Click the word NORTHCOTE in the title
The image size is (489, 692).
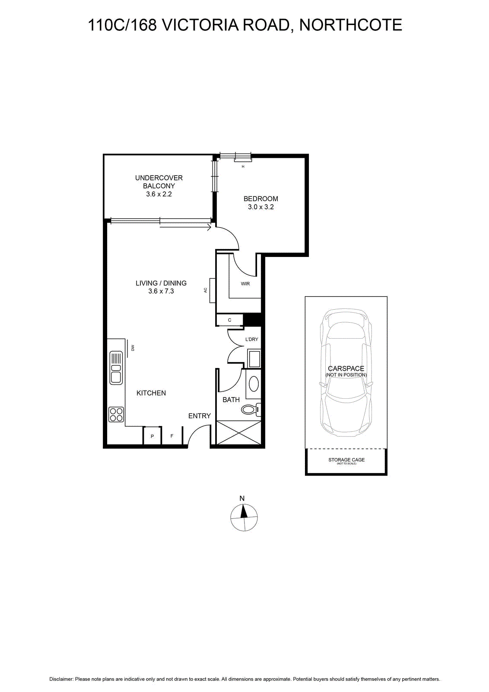351,25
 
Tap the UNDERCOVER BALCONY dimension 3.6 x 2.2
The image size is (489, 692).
159,194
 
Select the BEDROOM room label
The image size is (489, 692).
260,199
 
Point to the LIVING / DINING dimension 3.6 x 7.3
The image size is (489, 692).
161,291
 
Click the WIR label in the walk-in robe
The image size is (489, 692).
245,284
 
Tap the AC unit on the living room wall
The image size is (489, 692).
213,290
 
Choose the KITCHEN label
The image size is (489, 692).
151,393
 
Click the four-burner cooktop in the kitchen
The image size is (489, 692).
116,414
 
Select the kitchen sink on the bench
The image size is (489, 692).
116,368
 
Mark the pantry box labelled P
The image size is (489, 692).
152,436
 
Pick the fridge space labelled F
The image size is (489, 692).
172,436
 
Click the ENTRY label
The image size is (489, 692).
200,416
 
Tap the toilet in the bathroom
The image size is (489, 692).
251,410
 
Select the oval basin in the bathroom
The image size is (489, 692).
254,384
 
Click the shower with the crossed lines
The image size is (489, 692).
239,432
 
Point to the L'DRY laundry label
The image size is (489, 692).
251,339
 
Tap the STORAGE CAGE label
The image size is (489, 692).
346,460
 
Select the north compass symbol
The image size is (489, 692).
244,517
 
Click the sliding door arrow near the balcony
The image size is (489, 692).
185,227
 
